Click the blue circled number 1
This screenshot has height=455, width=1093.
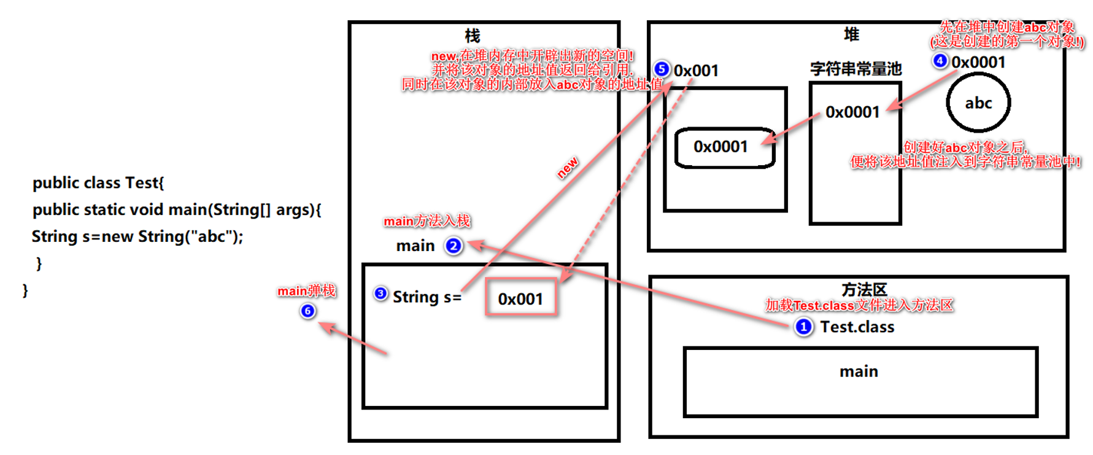coord(803,327)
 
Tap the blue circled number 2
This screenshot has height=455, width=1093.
coord(454,246)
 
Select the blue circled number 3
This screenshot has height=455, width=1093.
coord(380,294)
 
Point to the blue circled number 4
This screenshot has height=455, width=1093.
coord(940,61)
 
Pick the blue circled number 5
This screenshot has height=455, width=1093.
coord(662,69)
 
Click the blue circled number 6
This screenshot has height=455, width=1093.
coord(307,311)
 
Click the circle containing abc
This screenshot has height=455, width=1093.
coord(978,103)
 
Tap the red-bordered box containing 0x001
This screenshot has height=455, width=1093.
coord(520,298)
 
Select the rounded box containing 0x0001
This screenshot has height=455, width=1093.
coord(724,147)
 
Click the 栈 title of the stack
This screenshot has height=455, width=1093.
coord(472,36)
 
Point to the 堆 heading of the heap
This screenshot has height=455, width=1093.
coord(851,34)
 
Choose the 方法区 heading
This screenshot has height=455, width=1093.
coord(863,289)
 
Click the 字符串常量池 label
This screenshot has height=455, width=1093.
coord(855,69)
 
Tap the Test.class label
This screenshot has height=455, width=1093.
coord(857,327)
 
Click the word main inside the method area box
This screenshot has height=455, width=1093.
coord(859,371)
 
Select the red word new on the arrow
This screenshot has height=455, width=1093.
coord(568,168)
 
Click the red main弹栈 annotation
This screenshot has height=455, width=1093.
coord(306,291)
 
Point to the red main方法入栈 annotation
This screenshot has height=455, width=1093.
coord(427,221)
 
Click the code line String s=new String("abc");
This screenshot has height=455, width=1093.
coord(137,236)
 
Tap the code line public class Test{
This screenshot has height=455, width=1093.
coord(98,183)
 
